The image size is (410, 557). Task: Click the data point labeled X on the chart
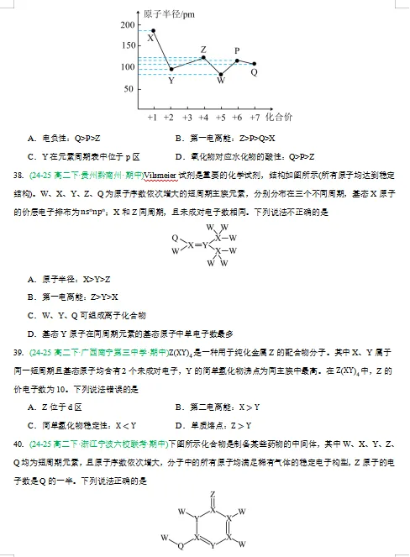point(152,30)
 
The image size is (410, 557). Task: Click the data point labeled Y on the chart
point(171,69)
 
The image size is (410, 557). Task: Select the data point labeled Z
point(203,57)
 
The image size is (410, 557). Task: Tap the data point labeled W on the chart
point(221,74)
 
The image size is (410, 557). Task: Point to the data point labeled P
point(238,60)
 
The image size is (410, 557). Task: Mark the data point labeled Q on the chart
point(255,64)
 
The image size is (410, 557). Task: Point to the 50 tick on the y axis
point(128,89)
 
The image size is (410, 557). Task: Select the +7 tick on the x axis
point(255,118)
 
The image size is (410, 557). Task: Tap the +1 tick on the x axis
point(152,118)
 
